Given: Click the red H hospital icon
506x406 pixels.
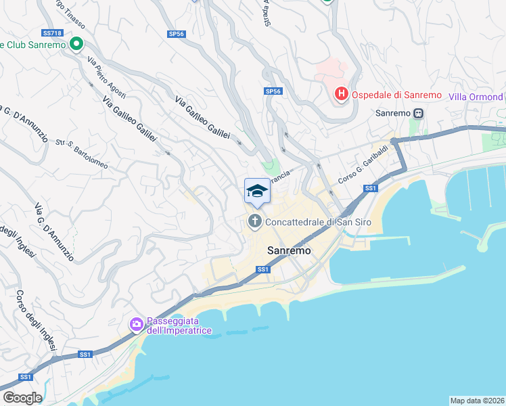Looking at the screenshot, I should tap(341, 94).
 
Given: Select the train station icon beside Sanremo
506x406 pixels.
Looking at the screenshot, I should tap(419, 113).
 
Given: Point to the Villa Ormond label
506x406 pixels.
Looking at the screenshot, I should tap(476, 97).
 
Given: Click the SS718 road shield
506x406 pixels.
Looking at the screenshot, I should tap(52, 32).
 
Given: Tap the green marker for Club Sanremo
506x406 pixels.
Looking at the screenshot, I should tap(76, 45).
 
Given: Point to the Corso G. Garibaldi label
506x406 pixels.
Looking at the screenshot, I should tap(363, 163).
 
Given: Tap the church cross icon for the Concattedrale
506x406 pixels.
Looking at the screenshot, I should tap(255, 221).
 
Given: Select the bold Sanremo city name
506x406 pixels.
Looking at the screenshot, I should tap(290, 250).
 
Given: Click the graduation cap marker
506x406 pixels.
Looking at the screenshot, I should tap(257, 191).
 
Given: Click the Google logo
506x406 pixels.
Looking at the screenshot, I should tap(22, 398).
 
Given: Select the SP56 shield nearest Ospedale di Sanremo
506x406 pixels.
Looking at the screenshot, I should tap(273, 91).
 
